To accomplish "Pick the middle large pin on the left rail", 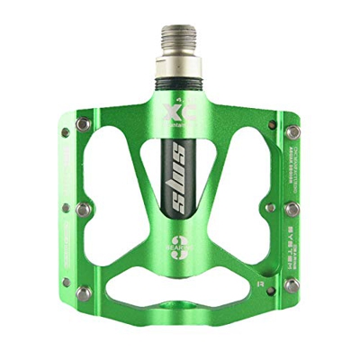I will (x=83, y=209).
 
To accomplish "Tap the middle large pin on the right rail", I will (x=292, y=209).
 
